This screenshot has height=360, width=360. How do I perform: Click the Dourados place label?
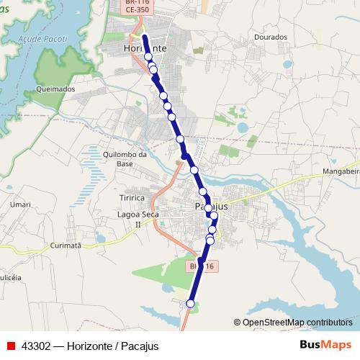[271, 37]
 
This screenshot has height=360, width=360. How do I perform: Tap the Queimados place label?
[55, 89]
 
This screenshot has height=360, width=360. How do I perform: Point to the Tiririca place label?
[132, 197]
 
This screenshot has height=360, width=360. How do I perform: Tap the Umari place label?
[21, 205]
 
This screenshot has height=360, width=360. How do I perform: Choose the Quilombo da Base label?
[125, 158]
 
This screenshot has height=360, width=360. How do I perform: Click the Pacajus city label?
[211, 207]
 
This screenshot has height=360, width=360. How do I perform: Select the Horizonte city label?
[145, 48]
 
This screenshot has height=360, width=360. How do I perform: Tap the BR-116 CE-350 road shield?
[137, 7]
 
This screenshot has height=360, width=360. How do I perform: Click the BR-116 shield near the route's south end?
[202, 266]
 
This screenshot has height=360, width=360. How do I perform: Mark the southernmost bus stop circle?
[191, 304]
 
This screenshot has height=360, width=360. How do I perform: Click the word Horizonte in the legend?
[91, 346]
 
